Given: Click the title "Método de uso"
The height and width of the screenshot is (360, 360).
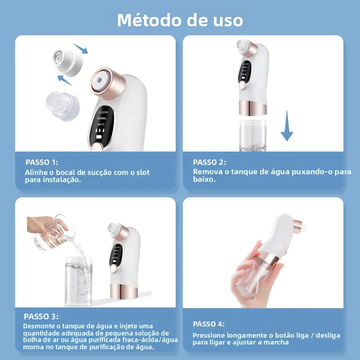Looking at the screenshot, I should (x=180, y=20).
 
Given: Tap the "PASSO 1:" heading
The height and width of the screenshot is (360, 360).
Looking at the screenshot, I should (x=42, y=162).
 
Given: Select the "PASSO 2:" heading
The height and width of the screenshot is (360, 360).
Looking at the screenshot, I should (x=210, y=162).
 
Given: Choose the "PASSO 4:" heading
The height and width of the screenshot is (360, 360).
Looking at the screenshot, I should (x=209, y=324).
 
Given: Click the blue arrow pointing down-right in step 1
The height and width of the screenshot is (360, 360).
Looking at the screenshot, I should (x=80, y=48).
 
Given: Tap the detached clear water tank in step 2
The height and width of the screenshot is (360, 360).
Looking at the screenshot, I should (x=252, y=135).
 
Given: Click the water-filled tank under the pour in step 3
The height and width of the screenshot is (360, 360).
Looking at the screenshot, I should (x=78, y=281).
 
